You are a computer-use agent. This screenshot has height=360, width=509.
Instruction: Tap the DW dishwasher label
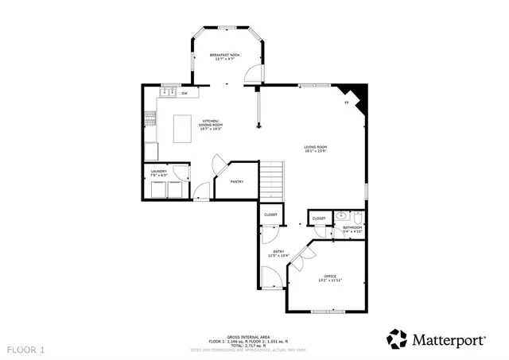[x=185, y=94]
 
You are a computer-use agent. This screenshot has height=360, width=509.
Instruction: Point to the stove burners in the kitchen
[x=149, y=120]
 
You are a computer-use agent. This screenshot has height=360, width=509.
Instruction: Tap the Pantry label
[x=237, y=182]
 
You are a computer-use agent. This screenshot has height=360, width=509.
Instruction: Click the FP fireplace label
[x=346, y=103]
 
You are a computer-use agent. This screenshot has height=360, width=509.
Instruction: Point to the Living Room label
[x=315, y=149]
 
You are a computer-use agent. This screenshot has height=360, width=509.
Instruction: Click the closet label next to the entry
[x=270, y=215]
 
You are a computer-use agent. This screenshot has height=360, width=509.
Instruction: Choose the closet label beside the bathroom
[x=319, y=219]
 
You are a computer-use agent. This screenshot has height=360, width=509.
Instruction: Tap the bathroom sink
[x=341, y=215]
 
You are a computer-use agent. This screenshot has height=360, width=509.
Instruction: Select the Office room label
[x=330, y=278]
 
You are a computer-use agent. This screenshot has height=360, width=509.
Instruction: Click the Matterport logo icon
[x=397, y=339]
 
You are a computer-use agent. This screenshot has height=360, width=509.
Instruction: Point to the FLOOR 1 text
[x=27, y=349]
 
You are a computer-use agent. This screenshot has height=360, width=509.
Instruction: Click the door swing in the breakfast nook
[x=252, y=74]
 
